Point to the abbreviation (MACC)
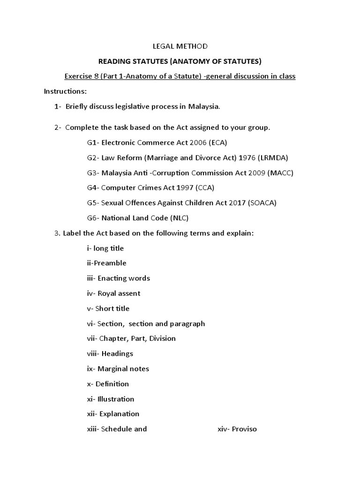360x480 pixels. tap(280, 172)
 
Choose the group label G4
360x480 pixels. tap(92, 187)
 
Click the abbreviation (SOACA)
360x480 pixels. tap(260, 202)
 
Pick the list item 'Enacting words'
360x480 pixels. tap(124, 278)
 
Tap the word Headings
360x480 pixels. tap(117, 353)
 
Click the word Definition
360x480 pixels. tap(112, 383)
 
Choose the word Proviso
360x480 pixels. tap(244, 429)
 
